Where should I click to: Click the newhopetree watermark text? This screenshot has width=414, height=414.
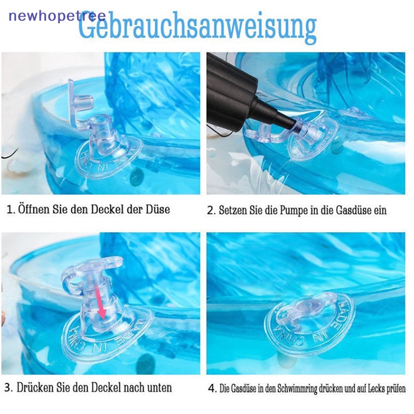point(57,15)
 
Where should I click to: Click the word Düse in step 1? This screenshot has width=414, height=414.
point(156,210)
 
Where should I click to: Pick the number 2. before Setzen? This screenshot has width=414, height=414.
point(211,210)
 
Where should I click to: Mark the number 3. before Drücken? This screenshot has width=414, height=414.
point(10,387)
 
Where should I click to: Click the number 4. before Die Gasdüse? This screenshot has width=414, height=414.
point(212,389)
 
